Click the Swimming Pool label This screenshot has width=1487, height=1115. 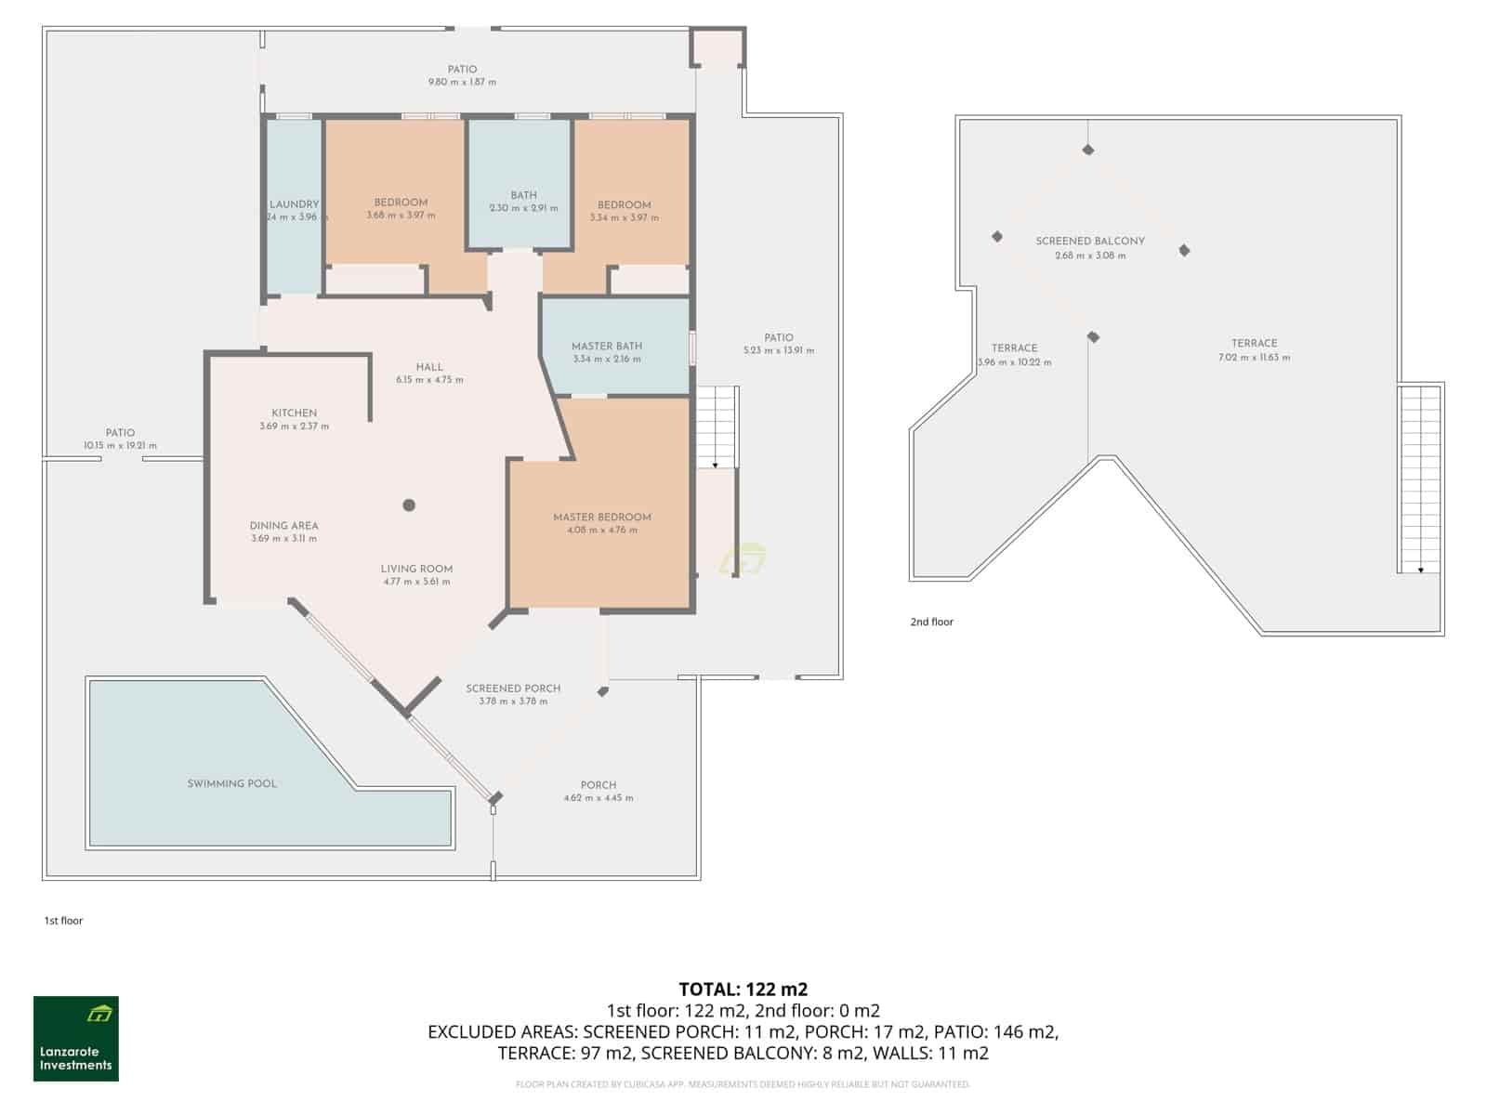231,783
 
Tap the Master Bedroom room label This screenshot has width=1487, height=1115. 602,518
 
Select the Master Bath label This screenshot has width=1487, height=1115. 607,346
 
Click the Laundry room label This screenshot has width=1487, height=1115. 294,204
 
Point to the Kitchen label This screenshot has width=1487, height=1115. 294,413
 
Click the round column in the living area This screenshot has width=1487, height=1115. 409,505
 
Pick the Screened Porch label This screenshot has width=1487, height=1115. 513,689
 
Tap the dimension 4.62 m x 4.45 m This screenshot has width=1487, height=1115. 599,798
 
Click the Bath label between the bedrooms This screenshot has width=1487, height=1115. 523,195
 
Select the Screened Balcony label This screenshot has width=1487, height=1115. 1090,241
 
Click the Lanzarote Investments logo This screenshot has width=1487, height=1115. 76,1039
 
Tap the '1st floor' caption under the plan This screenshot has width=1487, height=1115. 63,921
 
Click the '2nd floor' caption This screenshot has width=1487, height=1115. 931,622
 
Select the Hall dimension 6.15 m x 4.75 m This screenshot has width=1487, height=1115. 429,380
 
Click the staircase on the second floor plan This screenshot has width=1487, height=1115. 1420,479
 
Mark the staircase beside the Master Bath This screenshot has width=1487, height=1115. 716,427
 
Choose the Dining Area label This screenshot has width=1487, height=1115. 283,525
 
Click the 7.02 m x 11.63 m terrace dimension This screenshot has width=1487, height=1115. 1254,358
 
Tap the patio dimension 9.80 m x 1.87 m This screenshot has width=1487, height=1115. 462,82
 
